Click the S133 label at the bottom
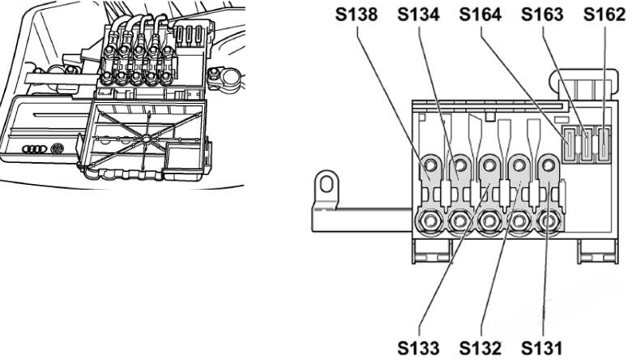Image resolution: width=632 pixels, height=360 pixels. [421, 347]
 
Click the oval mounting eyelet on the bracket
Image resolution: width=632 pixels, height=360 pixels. [327, 184]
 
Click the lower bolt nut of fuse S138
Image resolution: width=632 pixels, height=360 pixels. [430, 220]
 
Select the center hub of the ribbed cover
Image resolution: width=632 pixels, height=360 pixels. [144, 141]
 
